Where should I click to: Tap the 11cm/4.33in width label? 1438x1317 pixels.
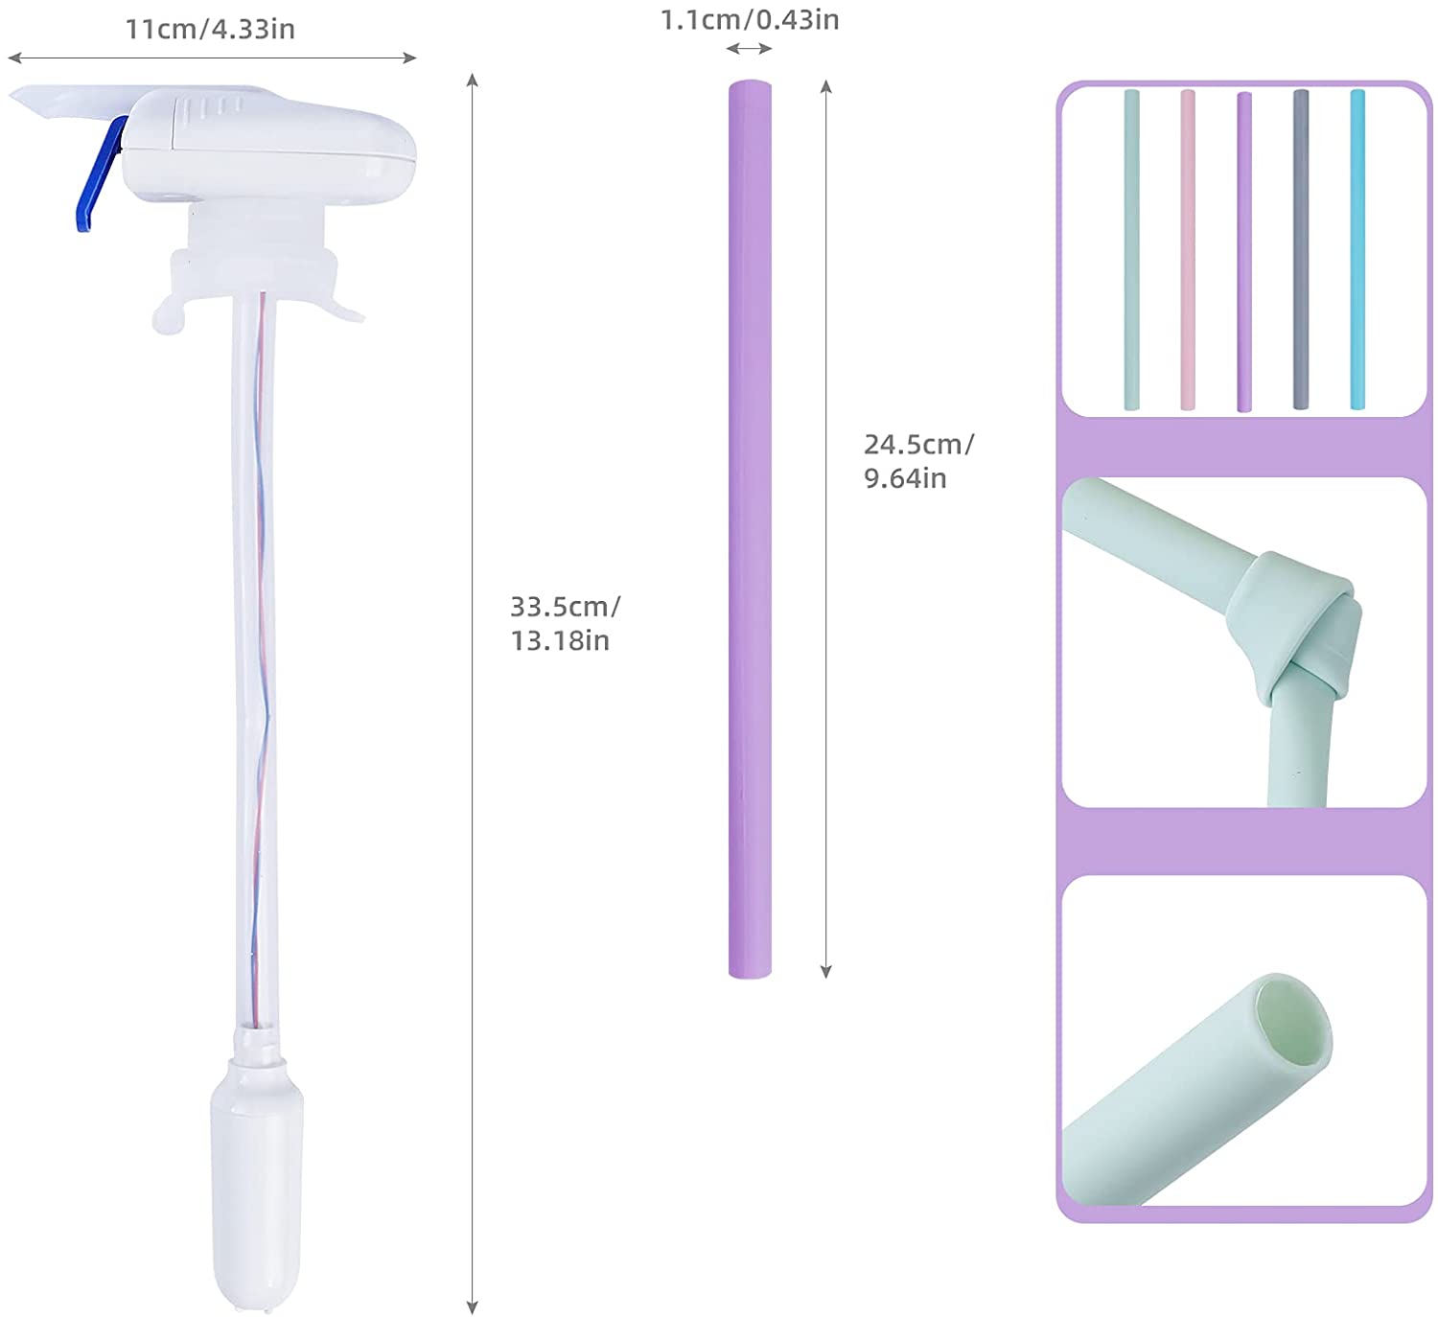[x=210, y=30]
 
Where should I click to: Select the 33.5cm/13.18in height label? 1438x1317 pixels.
[x=565, y=623]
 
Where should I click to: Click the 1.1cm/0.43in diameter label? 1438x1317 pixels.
[x=749, y=20]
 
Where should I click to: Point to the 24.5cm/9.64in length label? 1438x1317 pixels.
[x=918, y=461]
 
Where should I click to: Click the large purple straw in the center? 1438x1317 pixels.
[x=750, y=528]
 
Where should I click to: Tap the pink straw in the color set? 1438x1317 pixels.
[x=1188, y=249]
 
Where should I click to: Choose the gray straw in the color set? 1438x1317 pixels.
[x=1301, y=249]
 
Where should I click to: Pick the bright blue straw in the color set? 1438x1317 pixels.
[x=1357, y=249]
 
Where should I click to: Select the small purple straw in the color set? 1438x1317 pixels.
[x=1244, y=252]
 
